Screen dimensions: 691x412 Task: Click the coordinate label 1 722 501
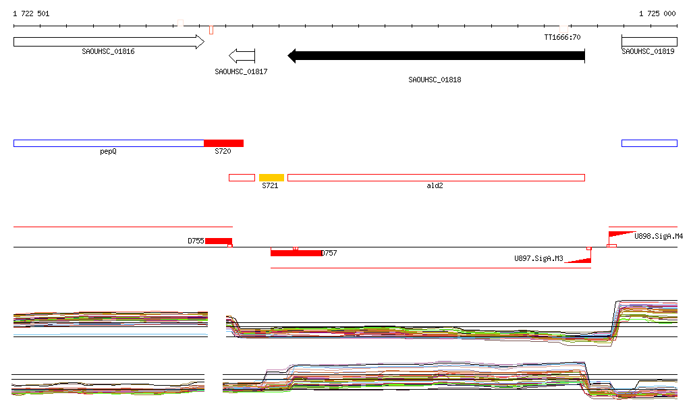click(x=31, y=13)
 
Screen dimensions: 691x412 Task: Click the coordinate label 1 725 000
click(x=657, y=13)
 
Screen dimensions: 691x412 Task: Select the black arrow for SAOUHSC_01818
click(x=437, y=56)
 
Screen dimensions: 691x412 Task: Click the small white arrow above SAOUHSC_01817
click(x=242, y=56)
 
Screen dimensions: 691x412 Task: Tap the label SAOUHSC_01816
click(x=108, y=51)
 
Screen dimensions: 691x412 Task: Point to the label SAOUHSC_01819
click(x=648, y=51)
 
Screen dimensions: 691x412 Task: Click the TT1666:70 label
click(x=562, y=37)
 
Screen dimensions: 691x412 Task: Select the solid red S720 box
click(x=223, y=143)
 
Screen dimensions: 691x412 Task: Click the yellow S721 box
click(x=271, y=177)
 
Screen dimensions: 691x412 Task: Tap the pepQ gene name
click(x=108, y=152)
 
